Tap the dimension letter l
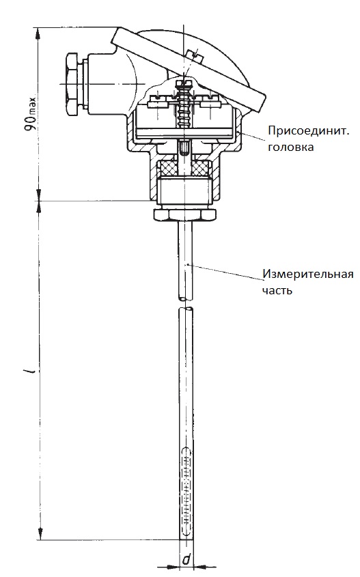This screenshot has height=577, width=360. [31, 371]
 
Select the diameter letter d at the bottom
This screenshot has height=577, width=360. [186, 560]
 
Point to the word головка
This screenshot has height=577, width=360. [291, 147]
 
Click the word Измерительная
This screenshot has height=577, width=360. [307, 274]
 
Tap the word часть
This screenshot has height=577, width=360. [277, 290]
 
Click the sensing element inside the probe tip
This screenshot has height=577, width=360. [186, 490]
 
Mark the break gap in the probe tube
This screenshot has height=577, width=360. [186, 303]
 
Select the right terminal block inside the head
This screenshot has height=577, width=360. [210, 104]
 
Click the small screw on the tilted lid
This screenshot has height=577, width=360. [195, 54]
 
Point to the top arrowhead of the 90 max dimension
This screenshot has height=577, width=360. [39, 32]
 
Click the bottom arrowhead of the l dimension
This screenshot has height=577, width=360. [40, 534]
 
